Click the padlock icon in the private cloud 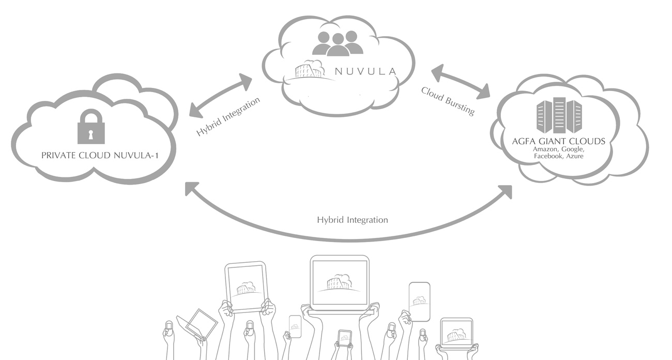pyautogui.click(x=91, y=127)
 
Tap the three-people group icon pyautogui.click(x=338, y=43)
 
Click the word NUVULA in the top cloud pyautogui.click(x=365, y=71)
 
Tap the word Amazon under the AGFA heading pyautogui.click(x=545, y=149)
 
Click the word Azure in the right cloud pyautogui.click(x=575, y=156)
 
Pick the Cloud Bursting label pyautogui.click(x=448, y=101)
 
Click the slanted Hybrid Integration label pyautogui.click(x=228, y=117)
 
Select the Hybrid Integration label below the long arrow pyautogui.click(x=352, y=220)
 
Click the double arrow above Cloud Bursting pyautogui.click(x=461, y=82)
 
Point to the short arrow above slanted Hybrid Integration pyautogui.click(x=221, y=95)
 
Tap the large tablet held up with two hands pyautogui.click(x=246, y=287)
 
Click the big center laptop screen pyautogui.click(x=339, y=283)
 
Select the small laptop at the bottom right pyautogui.click(x=456, y=333)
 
